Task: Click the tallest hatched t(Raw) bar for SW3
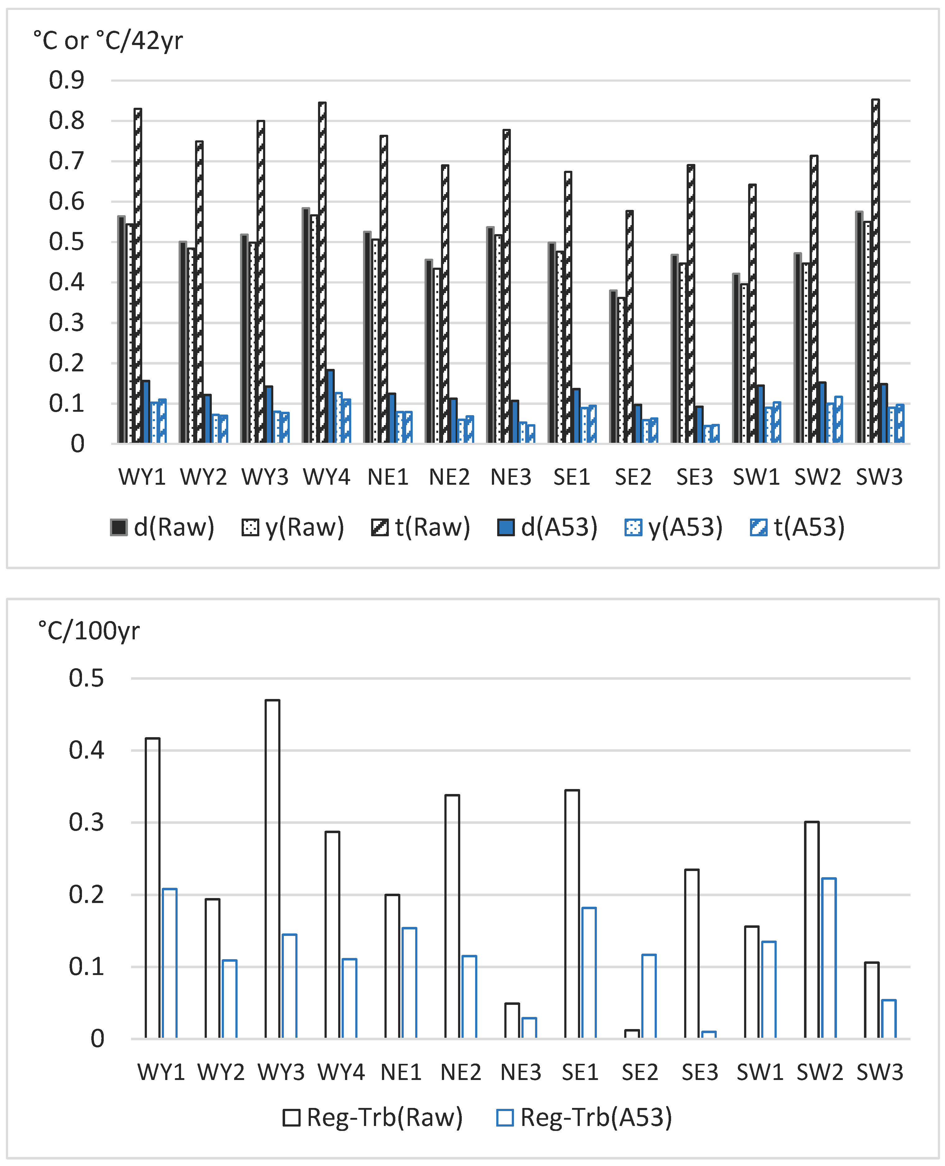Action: point(875,272)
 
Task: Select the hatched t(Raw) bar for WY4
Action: point(322,272)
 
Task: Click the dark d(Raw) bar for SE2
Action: point(613,367)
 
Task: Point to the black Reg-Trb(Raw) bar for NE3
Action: point(512,1021)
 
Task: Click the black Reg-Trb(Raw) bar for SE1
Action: point(572,914)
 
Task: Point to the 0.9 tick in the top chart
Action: point(66,80)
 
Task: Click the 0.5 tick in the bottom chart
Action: point(86,678)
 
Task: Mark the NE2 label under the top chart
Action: point(449,477)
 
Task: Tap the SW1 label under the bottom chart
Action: point(760,1072)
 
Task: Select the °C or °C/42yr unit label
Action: point(108,41)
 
